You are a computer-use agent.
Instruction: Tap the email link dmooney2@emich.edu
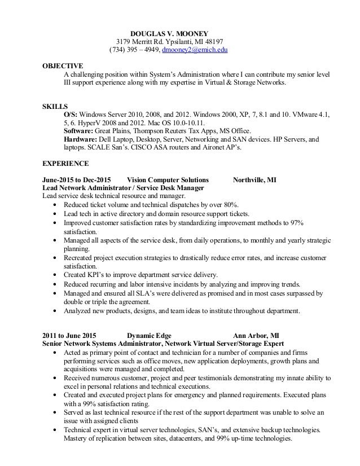click(195, 51)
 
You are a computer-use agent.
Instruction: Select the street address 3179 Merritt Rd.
click(141, 42)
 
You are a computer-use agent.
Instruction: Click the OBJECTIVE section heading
click(63, 65)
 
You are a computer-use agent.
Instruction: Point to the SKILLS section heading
click(55, 105)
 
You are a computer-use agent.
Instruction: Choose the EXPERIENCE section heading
click(66, 164)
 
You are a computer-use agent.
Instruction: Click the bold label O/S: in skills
click(71, 115)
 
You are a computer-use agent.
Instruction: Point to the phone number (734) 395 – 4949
click(134, 51)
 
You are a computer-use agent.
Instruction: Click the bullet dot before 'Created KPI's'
click(54, 274)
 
